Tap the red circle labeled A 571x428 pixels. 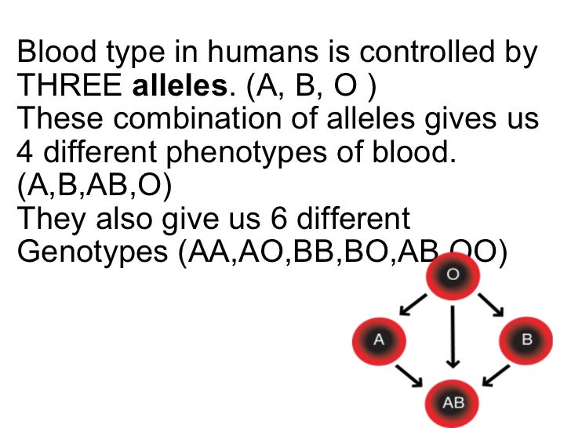(379, 339)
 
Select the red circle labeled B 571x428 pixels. (526, 339)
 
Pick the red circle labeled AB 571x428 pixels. (453, 402)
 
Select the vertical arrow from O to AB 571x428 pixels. (453, 337)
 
